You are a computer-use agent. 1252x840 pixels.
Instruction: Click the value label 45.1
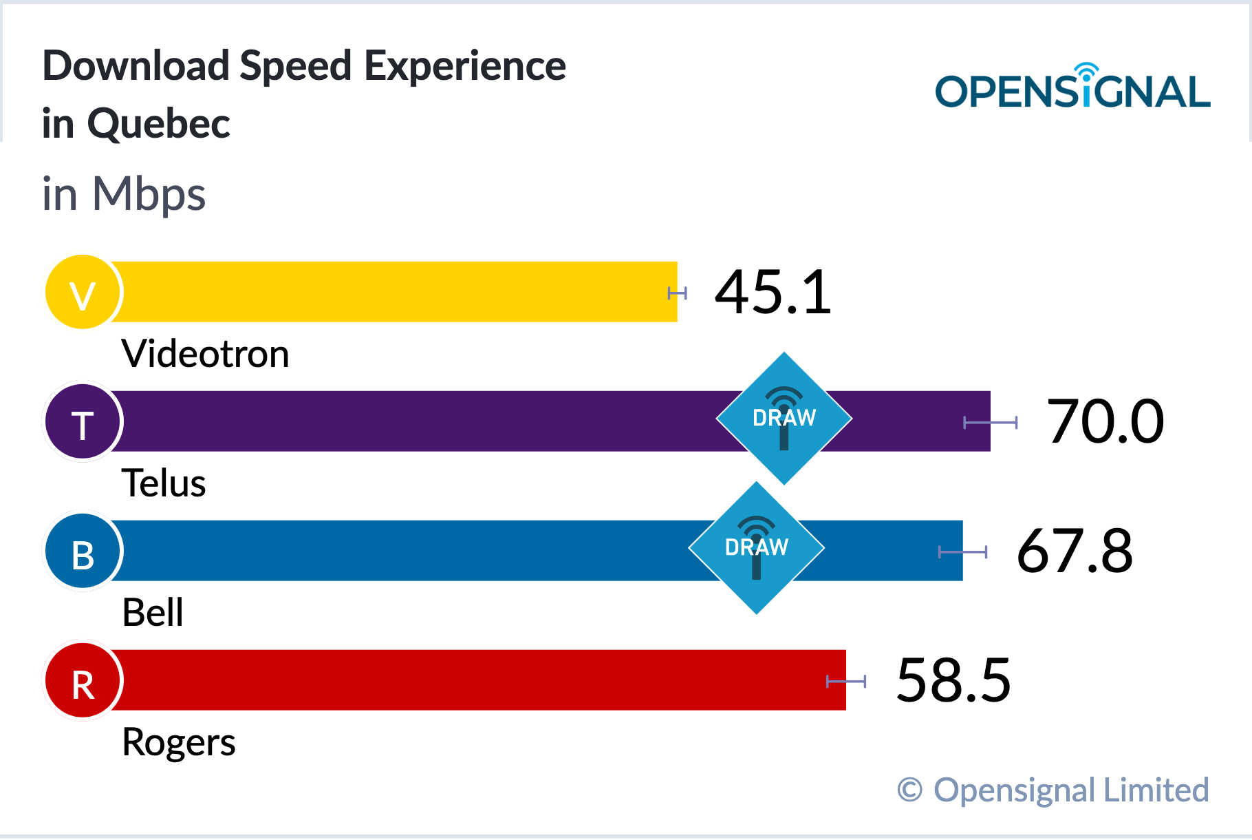[x=773, y=293]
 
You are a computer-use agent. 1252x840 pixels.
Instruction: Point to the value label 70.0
[x=1105, y=421]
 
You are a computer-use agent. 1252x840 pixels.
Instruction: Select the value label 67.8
[x=1075, y=551]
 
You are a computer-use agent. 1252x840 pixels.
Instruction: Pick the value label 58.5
[x=953, y=680]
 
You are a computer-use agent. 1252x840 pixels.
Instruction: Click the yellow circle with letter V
[x=83, y=292]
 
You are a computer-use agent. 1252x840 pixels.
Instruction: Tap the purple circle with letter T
[x=83, y=421]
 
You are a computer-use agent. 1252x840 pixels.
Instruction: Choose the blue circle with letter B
[x=83, y=551]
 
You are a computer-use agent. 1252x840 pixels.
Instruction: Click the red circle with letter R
[x=83, y=680]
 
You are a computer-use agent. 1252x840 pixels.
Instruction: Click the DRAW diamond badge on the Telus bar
[x=784, y=418]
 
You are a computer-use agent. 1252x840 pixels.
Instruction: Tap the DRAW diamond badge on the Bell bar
[x=757, y=547]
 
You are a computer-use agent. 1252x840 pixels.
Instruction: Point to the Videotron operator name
[x=205, y=354]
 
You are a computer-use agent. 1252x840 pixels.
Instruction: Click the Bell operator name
[x=153, y=613]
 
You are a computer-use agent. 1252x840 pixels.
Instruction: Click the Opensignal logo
[x=1072, y=86]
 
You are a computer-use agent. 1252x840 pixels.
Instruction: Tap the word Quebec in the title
[x=159, y=125]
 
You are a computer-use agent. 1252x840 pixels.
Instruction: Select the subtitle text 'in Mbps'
[x=124, y=194]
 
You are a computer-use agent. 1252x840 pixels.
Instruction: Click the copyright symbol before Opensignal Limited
[x=909, y=790]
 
